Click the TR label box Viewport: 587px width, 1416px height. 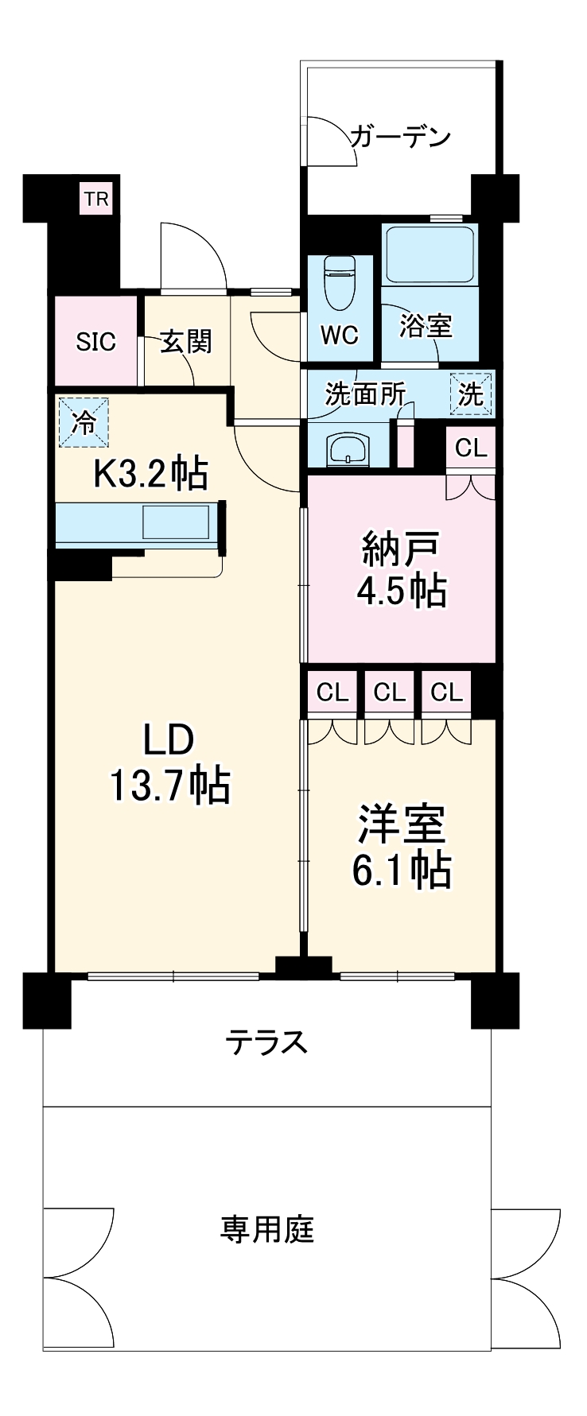coord(97,199)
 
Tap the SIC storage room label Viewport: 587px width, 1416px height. coord(95,342)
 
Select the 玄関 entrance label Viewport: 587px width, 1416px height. coord(186,342)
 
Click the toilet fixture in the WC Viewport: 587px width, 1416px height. coord(340,282)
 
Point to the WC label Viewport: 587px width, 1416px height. coord(340,335)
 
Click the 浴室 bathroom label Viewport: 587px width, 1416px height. coord(426,326)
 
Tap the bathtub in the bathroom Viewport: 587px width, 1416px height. coord(429,254)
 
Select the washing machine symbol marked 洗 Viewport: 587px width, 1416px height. coord(472,394)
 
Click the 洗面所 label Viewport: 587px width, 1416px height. coord(365,394)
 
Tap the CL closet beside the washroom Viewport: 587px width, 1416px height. coord(471,448)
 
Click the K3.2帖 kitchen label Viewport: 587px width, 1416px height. coord(151,475)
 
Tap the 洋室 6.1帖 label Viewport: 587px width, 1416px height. coord(402,847)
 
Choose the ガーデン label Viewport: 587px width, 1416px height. coord(400,137)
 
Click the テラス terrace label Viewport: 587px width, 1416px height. coord(266,1042)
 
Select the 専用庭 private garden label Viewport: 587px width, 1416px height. coord(267,1229)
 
